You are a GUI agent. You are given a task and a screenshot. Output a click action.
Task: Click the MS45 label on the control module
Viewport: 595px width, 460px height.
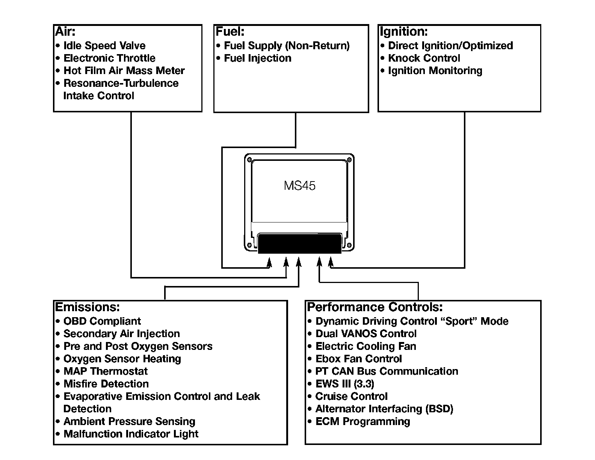pos(299,186)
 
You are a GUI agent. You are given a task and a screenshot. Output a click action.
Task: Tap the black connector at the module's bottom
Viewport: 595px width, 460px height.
pos(300,243)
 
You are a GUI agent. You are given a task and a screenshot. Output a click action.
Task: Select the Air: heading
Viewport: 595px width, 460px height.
pos(65,32)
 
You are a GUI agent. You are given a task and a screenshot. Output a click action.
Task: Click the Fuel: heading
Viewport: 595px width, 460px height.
pos(230,32)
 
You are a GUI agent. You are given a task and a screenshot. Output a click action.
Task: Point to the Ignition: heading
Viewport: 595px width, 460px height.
pos(403,32)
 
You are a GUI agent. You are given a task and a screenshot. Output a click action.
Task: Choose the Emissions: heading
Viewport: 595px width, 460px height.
pos(88,307)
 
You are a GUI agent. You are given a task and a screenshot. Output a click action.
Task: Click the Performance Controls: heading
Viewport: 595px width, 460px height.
pos(375,307)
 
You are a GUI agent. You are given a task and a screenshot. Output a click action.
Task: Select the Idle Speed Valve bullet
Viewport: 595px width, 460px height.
pos(104,45)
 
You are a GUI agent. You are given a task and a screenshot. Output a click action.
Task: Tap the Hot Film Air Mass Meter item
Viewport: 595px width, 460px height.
pos(124,71)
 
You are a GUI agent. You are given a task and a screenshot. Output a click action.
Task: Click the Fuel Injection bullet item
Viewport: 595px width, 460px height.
pos(257,58)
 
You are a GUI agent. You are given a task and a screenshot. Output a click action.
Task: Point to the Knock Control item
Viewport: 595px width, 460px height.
pos(424,58)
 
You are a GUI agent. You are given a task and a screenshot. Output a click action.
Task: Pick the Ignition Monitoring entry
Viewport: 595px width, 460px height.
pos(435,71)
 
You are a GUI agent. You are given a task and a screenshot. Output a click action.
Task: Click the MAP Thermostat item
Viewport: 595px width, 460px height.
pos(105,371)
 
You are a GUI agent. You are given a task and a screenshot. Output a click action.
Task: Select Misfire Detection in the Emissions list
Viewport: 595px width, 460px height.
pos(106,384)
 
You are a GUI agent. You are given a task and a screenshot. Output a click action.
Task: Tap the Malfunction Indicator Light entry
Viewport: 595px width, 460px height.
pos(131,434)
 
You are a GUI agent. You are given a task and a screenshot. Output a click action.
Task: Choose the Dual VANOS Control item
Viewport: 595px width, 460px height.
pos(366,334)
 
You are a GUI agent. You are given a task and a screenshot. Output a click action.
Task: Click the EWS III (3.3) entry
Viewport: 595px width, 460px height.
pos(344,384)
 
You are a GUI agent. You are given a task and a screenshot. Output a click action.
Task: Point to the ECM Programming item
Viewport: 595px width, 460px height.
pos(362,421)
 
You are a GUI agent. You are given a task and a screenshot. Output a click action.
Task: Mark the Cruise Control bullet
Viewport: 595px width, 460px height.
pos(351,396)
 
